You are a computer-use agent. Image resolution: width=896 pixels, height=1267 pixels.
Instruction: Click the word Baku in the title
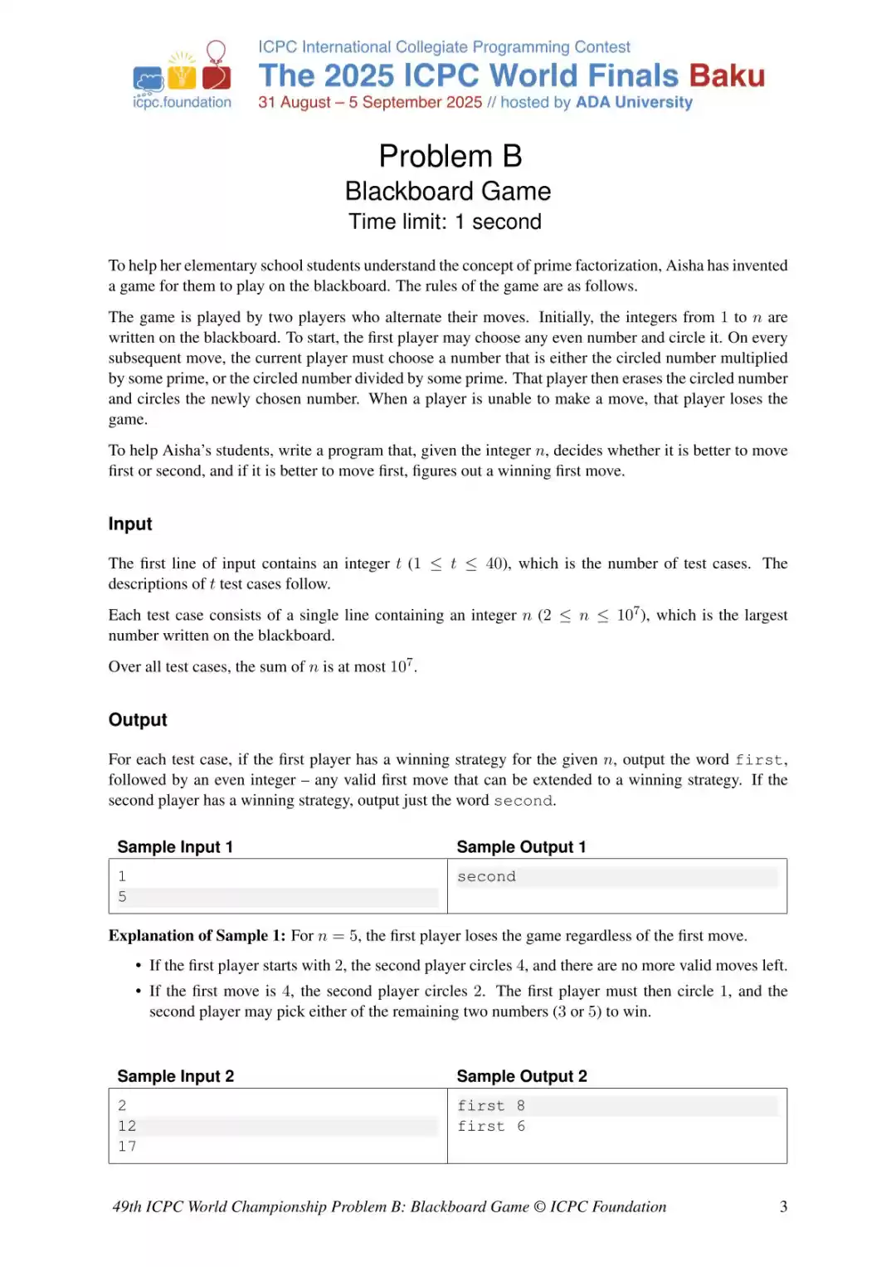point(726,76)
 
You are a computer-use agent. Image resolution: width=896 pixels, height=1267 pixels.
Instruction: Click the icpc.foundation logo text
point(182,102)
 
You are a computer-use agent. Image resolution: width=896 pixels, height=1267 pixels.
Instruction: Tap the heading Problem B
point(450,156)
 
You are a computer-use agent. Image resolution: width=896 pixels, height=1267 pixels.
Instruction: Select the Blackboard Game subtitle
point(447,191)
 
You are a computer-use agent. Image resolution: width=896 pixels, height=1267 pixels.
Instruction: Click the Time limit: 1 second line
point(445,222)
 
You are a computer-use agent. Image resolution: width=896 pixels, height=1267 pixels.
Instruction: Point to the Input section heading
point(130,524)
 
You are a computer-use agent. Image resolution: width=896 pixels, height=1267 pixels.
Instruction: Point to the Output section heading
point(138,719)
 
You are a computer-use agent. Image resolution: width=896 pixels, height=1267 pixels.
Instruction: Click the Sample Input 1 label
point(175,846)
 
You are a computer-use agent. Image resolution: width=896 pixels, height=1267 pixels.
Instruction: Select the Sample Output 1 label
point(521,846)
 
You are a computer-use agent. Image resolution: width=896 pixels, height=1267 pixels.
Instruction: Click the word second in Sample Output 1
point(486,876)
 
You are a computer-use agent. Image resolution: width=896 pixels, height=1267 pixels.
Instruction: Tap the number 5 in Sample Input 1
point(122,896)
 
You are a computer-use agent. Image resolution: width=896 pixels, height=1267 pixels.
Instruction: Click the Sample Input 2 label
point(175,1076)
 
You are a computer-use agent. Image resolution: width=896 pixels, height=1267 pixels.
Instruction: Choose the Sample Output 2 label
point(521,1076)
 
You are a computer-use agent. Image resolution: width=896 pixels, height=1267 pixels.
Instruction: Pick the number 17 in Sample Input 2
point(127,1146)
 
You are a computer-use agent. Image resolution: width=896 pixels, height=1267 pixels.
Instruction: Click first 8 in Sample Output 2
point(491,1105)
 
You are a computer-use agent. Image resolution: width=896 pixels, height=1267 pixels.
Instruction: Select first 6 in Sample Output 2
point(491,1126)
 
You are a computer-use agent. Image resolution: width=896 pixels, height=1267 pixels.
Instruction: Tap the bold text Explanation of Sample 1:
point(197,935)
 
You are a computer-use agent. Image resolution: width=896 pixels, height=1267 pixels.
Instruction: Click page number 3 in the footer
point(783,1206)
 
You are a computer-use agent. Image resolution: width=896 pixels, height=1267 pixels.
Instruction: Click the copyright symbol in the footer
point(539,1206)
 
